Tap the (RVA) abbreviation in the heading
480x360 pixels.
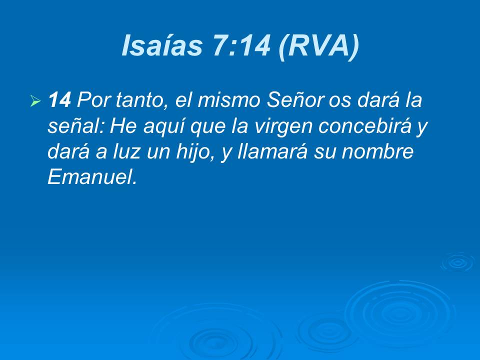[319, 46]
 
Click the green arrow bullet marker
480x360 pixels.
[35, 102]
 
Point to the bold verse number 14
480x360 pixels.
[60, 101]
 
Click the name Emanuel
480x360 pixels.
[91, 177]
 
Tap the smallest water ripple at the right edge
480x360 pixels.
[458, 262]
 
